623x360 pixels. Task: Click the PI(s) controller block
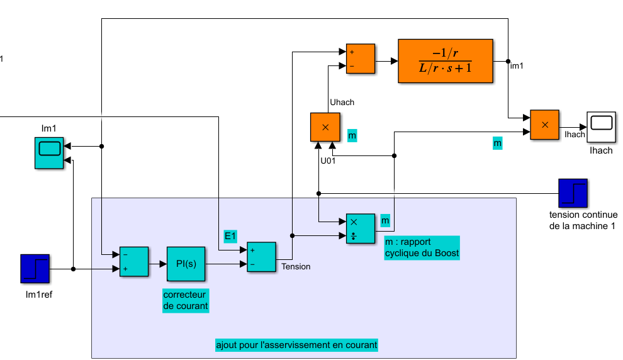pyautogui.click(x=186, y=263)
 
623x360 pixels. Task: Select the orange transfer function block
pyautogui.click(x=445, y=61)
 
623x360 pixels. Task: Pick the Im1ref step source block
pyautogui.click(x=35, y=269)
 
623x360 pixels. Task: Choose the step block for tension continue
pyautogui.click(x=573, y=193)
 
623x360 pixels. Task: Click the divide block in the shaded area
pyautogui.click(x=359, y=228)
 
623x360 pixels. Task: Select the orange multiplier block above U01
pyautogui.click(x=325, y=127)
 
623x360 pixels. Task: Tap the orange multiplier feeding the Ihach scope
pyautogui.click(x=545, y=125)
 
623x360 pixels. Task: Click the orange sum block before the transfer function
pyautogui.click(x=360, y=59)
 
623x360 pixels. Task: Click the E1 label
pyautogui.click(x=231, y=235)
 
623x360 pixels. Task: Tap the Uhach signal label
pyautogui.click(x=342, y=103)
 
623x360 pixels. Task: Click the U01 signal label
pyautogui.click(x=328, y=160)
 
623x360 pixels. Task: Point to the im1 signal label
pyautogui.click(x=517, y=65)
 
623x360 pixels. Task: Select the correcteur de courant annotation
pyautogui.click(x=186, y=301)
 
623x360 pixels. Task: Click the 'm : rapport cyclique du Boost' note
pyautogui.click(x=422, y=247)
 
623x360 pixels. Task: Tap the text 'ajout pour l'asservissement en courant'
pyautogui.click(x=296, y=345)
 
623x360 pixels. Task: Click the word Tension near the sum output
pyautogui.click(x=296, y=266)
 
